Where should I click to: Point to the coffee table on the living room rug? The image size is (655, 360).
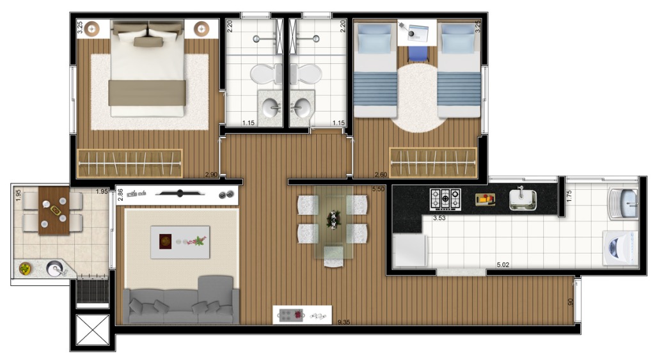click(180, 242)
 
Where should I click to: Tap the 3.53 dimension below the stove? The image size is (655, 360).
click(439, 218)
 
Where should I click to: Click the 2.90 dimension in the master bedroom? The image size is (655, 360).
click(211, 175)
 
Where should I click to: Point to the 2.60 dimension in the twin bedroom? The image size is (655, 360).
click(381, 175)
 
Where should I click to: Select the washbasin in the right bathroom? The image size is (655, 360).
click(301, 107)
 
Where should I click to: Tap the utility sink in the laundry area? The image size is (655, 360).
click(624, 201)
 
